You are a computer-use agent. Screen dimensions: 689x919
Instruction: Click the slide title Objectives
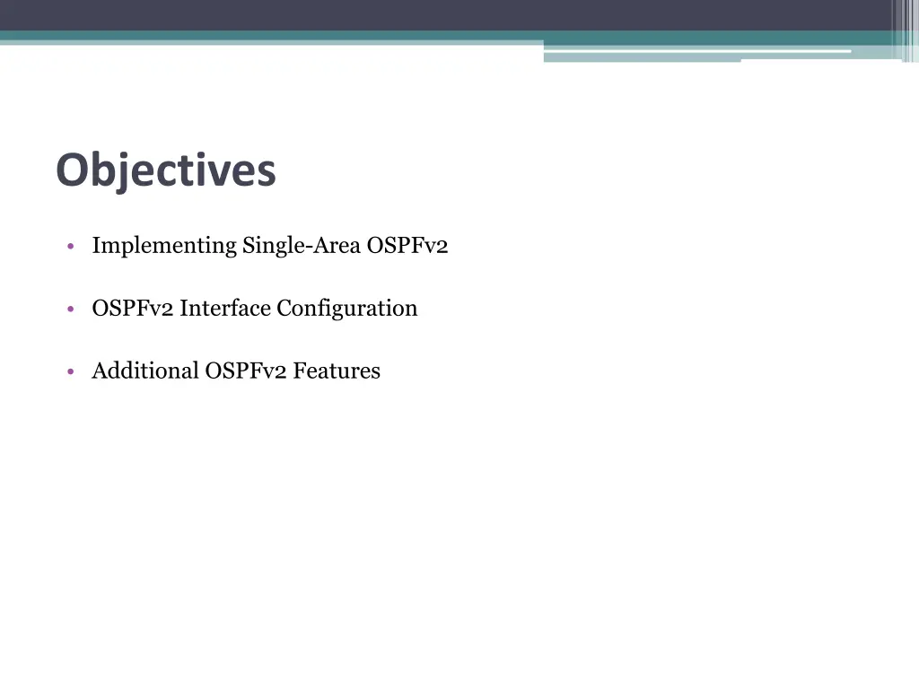tap(165, 170)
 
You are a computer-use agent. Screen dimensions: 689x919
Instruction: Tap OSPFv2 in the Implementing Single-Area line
tap(407, 246)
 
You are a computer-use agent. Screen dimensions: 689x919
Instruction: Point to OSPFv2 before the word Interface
tap(132, 309)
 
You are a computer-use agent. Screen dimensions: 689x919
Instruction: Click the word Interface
tap(224, 309)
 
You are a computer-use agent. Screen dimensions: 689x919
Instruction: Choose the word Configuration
tap(346, 309)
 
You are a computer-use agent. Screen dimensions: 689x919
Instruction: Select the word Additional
tap(144, 371)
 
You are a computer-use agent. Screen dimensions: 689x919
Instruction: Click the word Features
tap(337, 371)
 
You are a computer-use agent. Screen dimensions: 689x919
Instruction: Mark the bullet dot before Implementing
tap(70, 247)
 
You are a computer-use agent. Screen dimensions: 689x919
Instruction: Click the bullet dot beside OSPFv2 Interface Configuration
tap(70, 310)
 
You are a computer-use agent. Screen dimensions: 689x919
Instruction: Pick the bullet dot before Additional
tap(70, 371)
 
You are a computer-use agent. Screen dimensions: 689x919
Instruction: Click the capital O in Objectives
tap(72, 170)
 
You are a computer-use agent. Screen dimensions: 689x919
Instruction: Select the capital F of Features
tap(300, 371)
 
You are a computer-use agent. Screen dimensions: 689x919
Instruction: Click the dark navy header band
tap(449, 14)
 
